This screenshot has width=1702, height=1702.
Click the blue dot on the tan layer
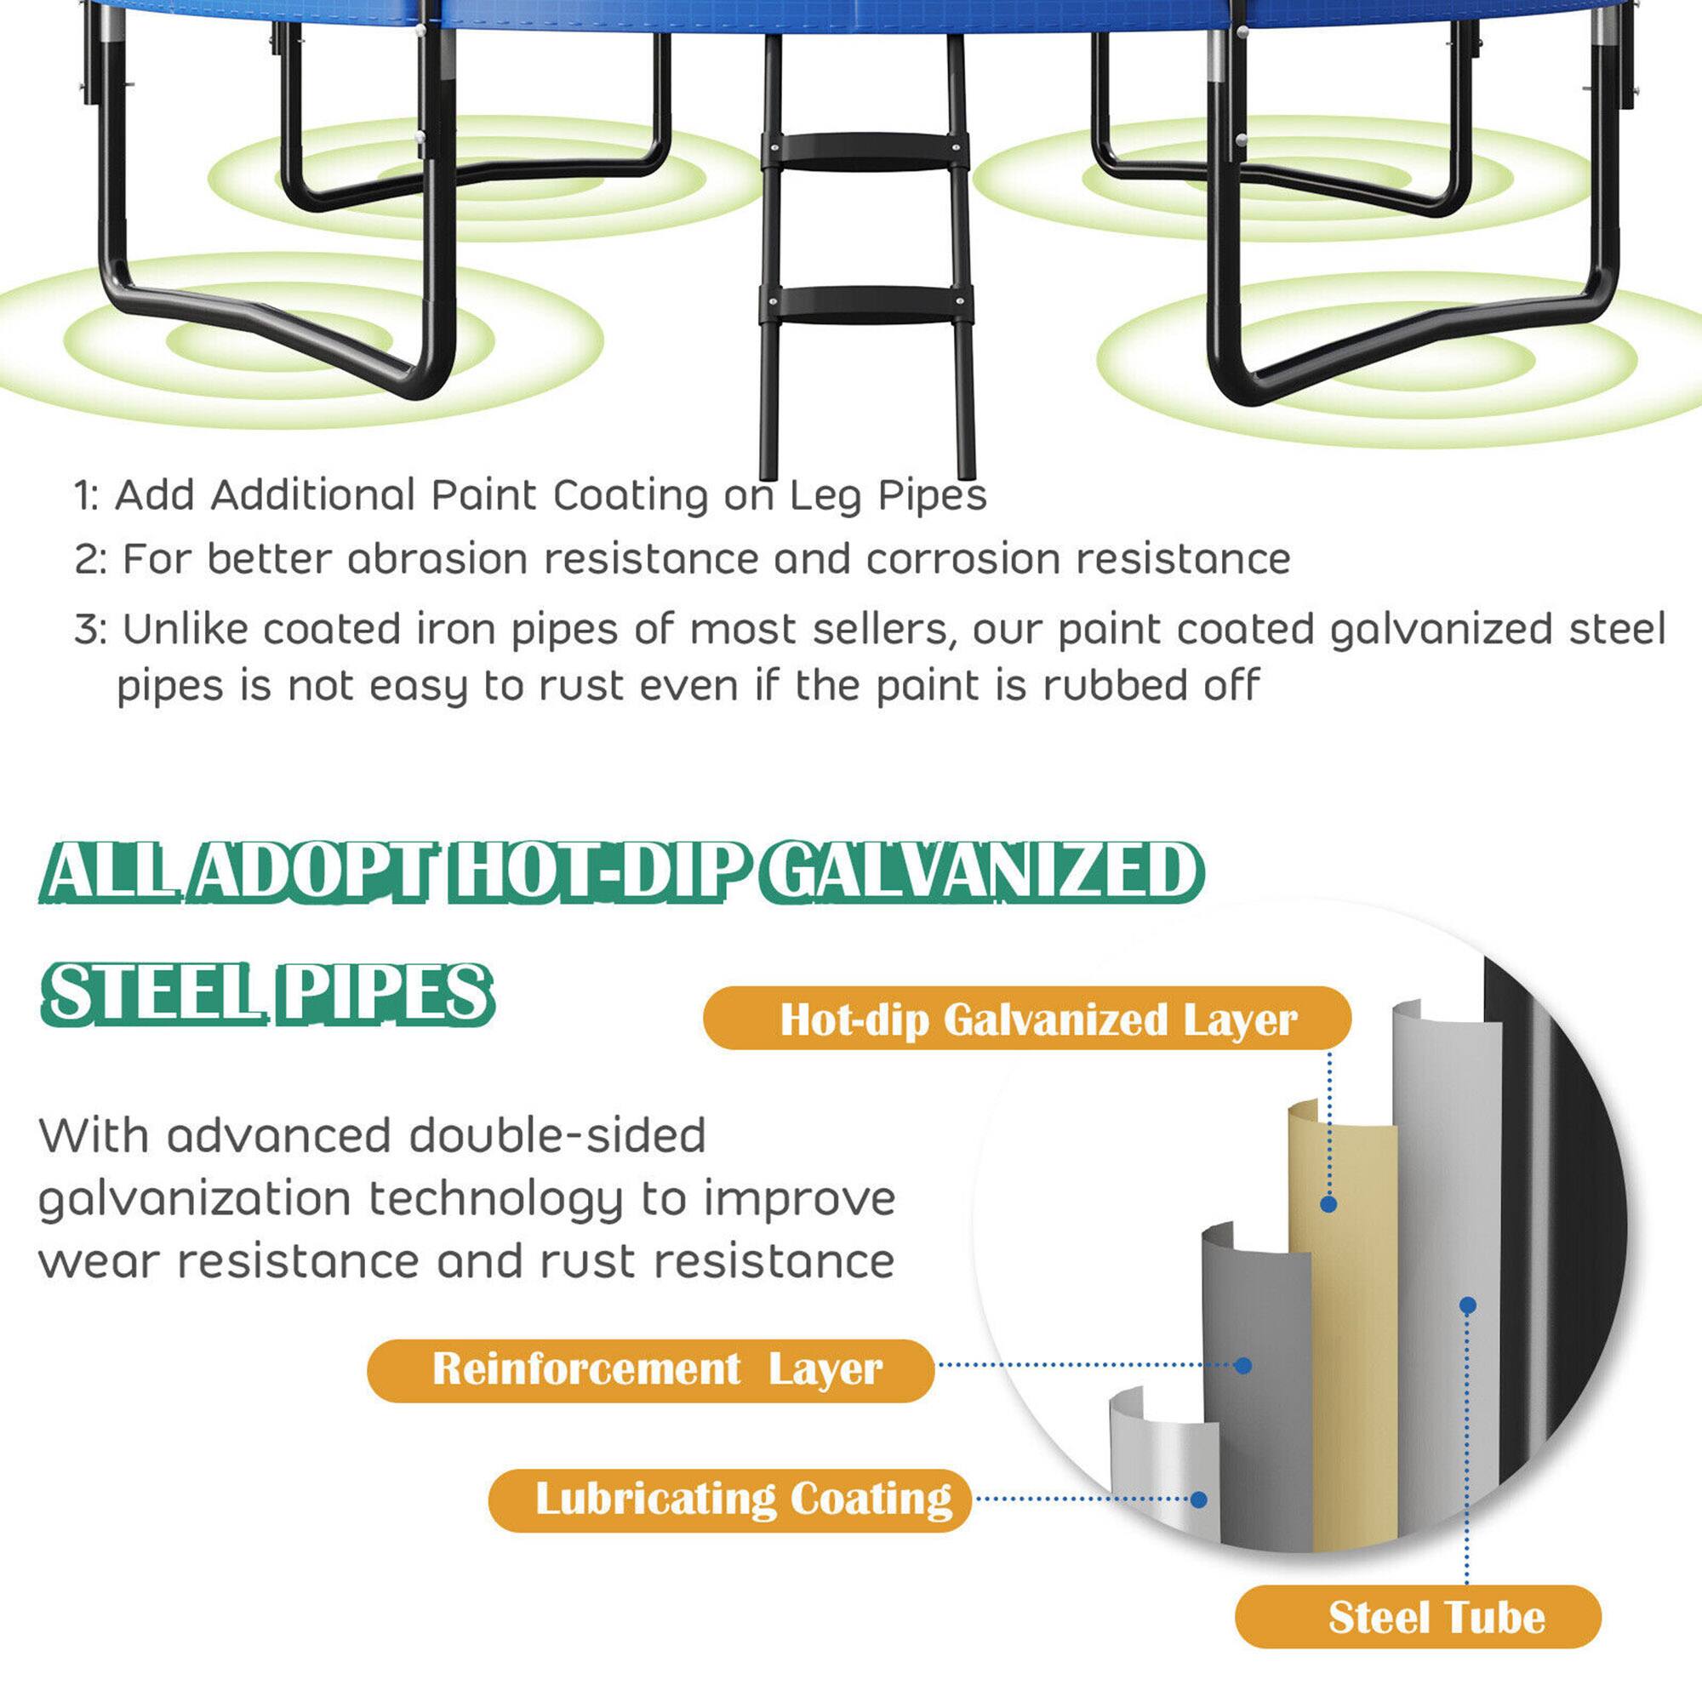click(1328, 1204)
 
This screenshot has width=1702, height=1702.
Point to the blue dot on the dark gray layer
click(1243, 1366)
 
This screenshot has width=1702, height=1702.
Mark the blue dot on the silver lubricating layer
click(1198, 1499)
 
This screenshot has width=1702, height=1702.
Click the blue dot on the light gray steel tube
click(1468, 1305)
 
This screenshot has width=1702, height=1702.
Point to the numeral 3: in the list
click(90, 630)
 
